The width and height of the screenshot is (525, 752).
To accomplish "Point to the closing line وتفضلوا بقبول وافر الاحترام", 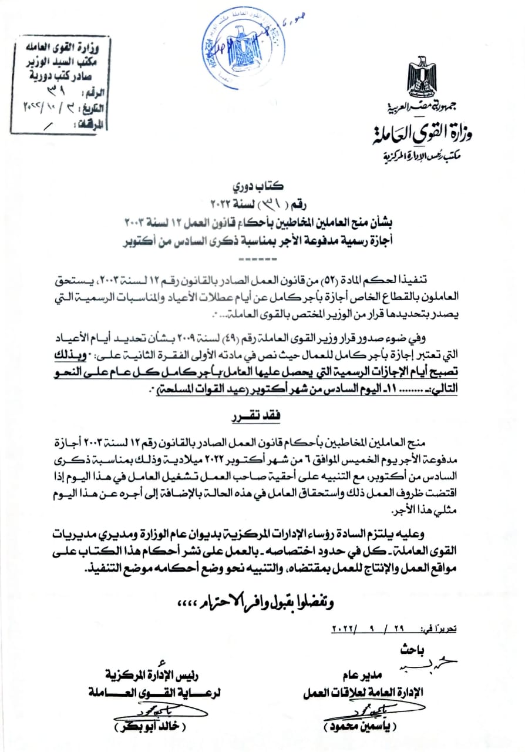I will [x=258, y=602].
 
